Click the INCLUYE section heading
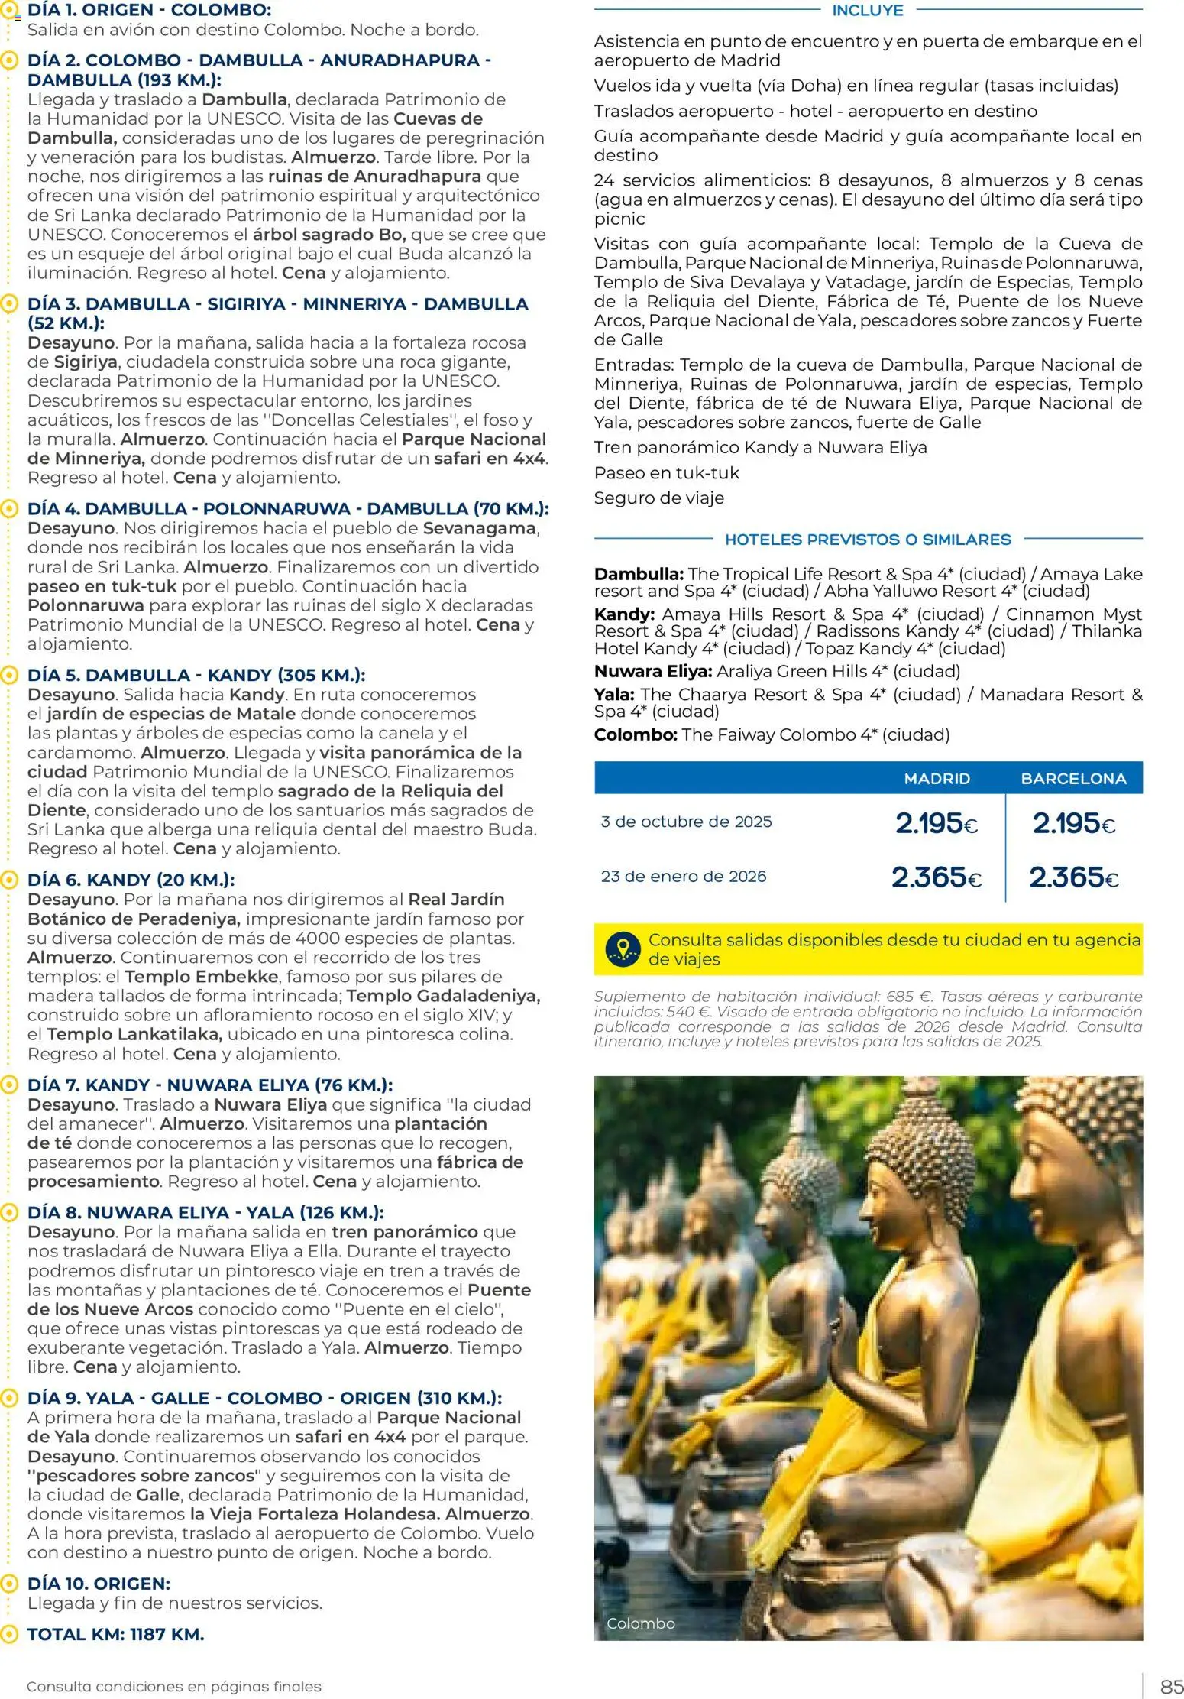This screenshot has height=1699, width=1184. tap(867, 11)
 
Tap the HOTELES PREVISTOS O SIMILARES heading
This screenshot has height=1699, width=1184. tap(867, 540)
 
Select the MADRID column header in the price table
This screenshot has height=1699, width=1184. tap(937, 778)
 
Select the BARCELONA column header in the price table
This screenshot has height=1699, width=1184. tap(1073, 778)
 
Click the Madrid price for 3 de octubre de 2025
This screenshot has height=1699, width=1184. tap(937, 823)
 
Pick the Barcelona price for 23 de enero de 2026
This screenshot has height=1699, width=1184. tap(1073, 877)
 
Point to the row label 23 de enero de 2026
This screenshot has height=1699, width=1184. tap(683, 877)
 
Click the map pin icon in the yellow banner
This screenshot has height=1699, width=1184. tap(623, 948)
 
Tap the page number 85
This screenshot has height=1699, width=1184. tap(1171, 1686)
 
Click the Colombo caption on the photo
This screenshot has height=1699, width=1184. tap(640, 1623)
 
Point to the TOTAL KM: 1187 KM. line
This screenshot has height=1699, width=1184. tap(115, 1634)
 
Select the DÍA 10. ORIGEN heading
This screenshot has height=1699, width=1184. tap(99, 1583)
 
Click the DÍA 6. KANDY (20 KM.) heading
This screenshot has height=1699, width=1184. tap(131, 880)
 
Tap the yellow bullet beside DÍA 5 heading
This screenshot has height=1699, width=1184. tap(8, 676)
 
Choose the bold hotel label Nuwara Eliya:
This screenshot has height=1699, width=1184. tap(653, 672)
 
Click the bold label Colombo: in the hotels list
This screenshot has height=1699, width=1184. tap(636, 734)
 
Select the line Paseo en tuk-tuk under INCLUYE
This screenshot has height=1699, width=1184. tap(666, 473)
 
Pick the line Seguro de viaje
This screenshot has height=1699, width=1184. tap(658, 498)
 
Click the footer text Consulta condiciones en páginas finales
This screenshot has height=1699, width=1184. tap(173, 1686)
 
